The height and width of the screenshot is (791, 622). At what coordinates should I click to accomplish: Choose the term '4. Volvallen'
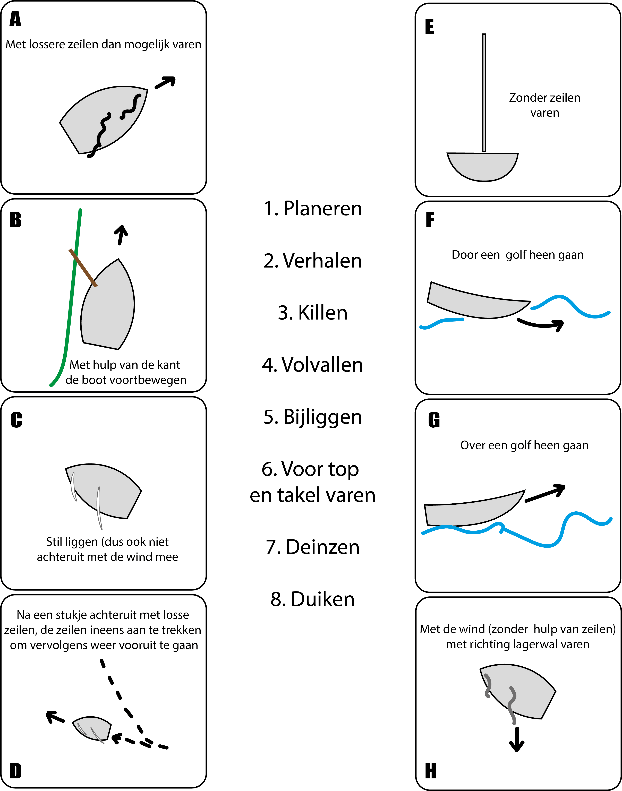(312, 365)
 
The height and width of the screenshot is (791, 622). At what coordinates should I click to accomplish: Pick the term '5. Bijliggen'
(312, 417)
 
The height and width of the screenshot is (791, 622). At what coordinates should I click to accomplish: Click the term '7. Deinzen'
(312, 547)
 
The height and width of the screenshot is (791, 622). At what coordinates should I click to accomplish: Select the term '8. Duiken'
(312, 599)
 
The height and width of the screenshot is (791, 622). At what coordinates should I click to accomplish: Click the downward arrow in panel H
(517, 739)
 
